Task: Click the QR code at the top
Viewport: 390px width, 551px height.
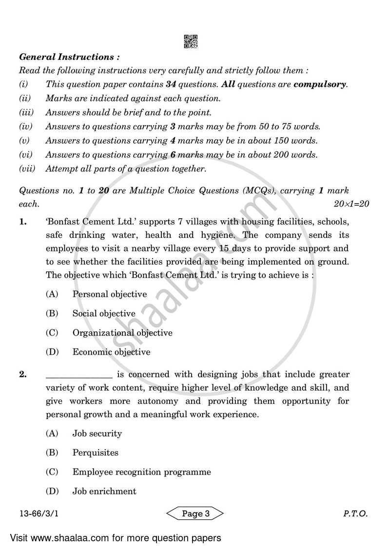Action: (x=191, y=41)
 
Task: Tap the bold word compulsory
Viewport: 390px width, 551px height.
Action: (x=320, y=84)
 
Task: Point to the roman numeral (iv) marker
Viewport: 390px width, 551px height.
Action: (x=25, y=127)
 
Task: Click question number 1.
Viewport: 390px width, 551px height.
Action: (x=22, y=223)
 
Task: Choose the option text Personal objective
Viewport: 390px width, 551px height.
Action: (x=109, y=294)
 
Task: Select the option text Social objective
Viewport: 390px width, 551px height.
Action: (x=104, y=314)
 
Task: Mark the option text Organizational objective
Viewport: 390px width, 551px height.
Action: (x=122, y=333)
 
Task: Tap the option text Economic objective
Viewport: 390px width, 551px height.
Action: (x=111, y=352)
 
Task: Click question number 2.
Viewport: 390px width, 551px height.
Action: (x=22, y=375)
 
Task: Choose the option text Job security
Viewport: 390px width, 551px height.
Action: (x=97, y=434)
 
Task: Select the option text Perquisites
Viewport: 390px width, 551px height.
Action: (x=95, y=453)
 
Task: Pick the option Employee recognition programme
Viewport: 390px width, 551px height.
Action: (x=141, y=472)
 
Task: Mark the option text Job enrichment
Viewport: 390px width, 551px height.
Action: (x=104, y=492)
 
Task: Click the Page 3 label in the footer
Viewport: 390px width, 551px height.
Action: (x=195, y=513)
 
